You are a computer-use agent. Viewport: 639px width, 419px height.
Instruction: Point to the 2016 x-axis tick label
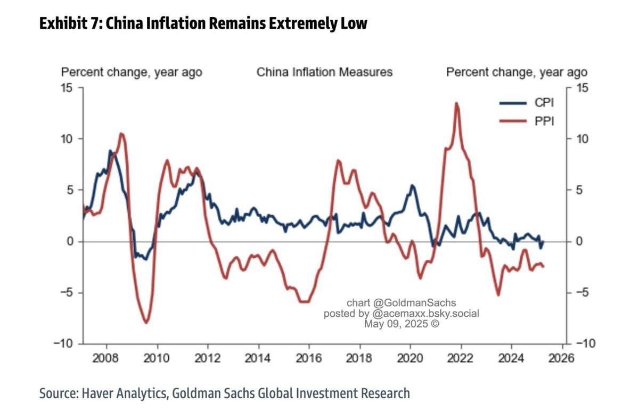point(309,357)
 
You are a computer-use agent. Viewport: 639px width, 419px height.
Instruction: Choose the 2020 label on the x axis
point(410,357)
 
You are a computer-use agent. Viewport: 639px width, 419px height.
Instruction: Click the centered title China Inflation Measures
point(325,72)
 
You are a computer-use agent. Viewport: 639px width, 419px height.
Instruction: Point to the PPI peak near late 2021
point(456,103)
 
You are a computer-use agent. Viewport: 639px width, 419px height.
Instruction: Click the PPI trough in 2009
point(146,322)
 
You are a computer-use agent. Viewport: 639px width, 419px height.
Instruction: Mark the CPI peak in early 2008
point(110,151)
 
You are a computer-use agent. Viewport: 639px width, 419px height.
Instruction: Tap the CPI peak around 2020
point(413,186)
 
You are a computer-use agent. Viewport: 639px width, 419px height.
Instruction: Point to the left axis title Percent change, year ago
point(132,72)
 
